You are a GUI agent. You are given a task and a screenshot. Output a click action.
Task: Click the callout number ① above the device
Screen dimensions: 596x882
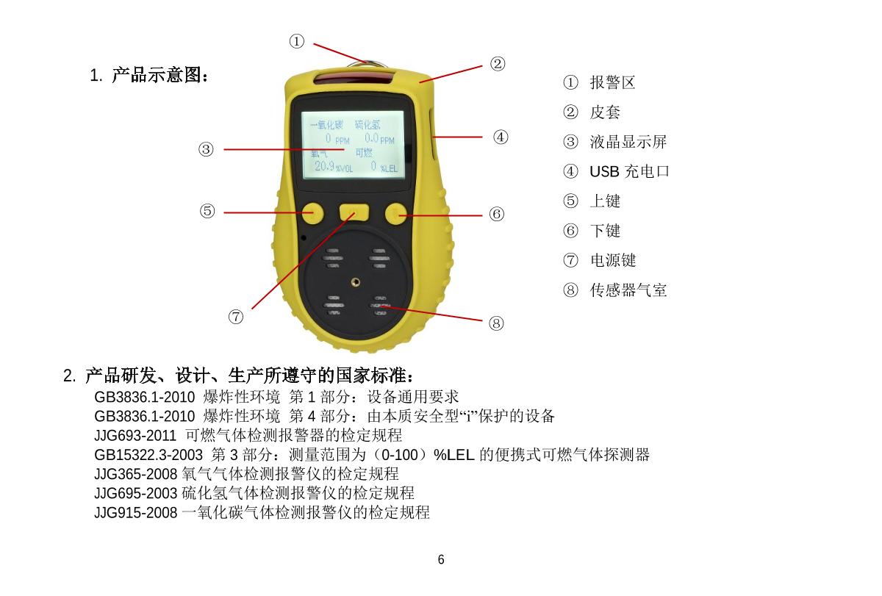click(x=296, y=42)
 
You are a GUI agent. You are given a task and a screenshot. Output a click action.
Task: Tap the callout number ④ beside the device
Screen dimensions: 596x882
click(x=501, y=137)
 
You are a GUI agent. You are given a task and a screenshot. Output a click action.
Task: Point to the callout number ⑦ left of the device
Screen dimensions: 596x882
click(x=235, y=317)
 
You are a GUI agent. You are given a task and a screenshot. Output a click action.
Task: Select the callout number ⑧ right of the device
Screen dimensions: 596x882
click(x=497, y=323)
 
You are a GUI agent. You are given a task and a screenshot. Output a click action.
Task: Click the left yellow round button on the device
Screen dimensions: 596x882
click(x=312, y=212)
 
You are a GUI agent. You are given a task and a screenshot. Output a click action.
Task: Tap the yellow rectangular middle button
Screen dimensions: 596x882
click(x=354, y=213)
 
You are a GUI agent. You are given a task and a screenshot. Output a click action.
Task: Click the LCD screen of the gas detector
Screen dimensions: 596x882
click(x=354, y=145)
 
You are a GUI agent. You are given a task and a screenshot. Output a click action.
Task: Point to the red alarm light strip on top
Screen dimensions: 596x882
click(x=354, y=78)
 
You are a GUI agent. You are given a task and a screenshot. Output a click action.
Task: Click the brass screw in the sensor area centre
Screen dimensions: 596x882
click(x=356, y=281)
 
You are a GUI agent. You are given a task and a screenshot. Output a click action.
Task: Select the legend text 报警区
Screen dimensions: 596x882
click(x=612, y=82)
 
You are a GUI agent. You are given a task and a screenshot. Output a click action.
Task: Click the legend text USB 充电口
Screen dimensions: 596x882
click(x=629, y=172)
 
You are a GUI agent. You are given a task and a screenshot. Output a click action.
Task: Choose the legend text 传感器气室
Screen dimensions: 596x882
click(x=628, y=290)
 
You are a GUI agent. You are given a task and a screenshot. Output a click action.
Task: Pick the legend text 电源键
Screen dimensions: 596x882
click(x=613, y=260)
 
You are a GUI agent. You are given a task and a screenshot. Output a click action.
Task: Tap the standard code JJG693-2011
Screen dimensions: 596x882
click(x=135, y=436)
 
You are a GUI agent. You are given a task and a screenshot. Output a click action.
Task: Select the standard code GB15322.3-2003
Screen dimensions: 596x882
click(x=149, y=455)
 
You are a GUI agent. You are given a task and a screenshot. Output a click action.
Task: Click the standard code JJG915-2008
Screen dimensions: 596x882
click(x=135, y=512)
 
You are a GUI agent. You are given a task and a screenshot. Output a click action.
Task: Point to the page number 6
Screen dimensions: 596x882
click(x=441, y=560)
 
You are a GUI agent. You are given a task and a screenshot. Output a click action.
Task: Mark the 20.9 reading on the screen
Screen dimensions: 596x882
click(x=324, y=166)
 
